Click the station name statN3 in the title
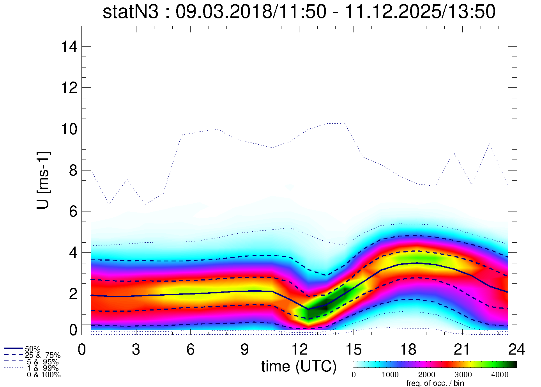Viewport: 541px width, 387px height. tap(131, 12)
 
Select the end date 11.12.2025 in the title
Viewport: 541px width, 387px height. tap(383, 12)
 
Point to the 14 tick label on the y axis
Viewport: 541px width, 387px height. tap(69, 47)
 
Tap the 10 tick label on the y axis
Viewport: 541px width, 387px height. tap(69, 129)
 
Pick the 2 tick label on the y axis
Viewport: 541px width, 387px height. tap(73, 294)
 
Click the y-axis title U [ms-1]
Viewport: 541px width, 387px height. tap(44, 180)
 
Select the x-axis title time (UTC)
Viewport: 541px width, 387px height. tap(299, 366)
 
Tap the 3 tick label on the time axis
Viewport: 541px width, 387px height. tap(136, 350)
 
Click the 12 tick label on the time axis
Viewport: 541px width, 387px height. tap(299, 350)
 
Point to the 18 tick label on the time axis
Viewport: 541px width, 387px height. tap(408, 350)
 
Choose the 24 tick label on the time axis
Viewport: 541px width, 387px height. tap(516, 350)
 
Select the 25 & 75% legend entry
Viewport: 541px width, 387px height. tap(42, 355)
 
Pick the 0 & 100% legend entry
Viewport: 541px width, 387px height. tap(43, 375)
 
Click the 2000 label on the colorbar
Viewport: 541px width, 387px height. tap(426, 375)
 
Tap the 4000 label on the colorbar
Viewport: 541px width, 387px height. tap(499, 375)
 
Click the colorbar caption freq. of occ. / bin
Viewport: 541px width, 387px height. tap(435, 383)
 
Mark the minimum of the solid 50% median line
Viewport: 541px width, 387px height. tap(308, 309)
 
